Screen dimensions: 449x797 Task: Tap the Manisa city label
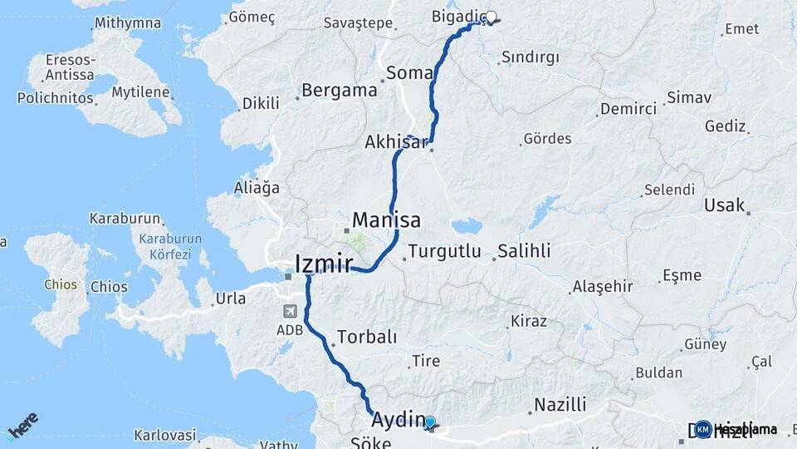click(x=386, y=220)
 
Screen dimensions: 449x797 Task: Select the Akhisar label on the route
click(x=395, y=142)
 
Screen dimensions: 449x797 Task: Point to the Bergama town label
click(x=339, y=91)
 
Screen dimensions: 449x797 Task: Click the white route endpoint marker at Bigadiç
click(x=491, y=17)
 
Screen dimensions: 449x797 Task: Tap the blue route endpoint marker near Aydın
click(x=430, y=422)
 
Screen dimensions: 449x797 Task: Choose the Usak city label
click(x=724, y=205)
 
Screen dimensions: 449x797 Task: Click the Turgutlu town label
click(x=444, y=251)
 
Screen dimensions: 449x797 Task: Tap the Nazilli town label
click(x=560, y=405)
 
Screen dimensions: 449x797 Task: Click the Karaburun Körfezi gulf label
click(x=164, y=247)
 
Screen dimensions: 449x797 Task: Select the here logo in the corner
click(x=23, y=426)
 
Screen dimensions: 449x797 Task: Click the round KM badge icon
click(x=703, y=429)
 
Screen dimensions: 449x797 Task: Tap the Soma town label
click(x=409, y=73)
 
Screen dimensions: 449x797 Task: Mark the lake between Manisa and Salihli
click(x=467, y=226)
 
